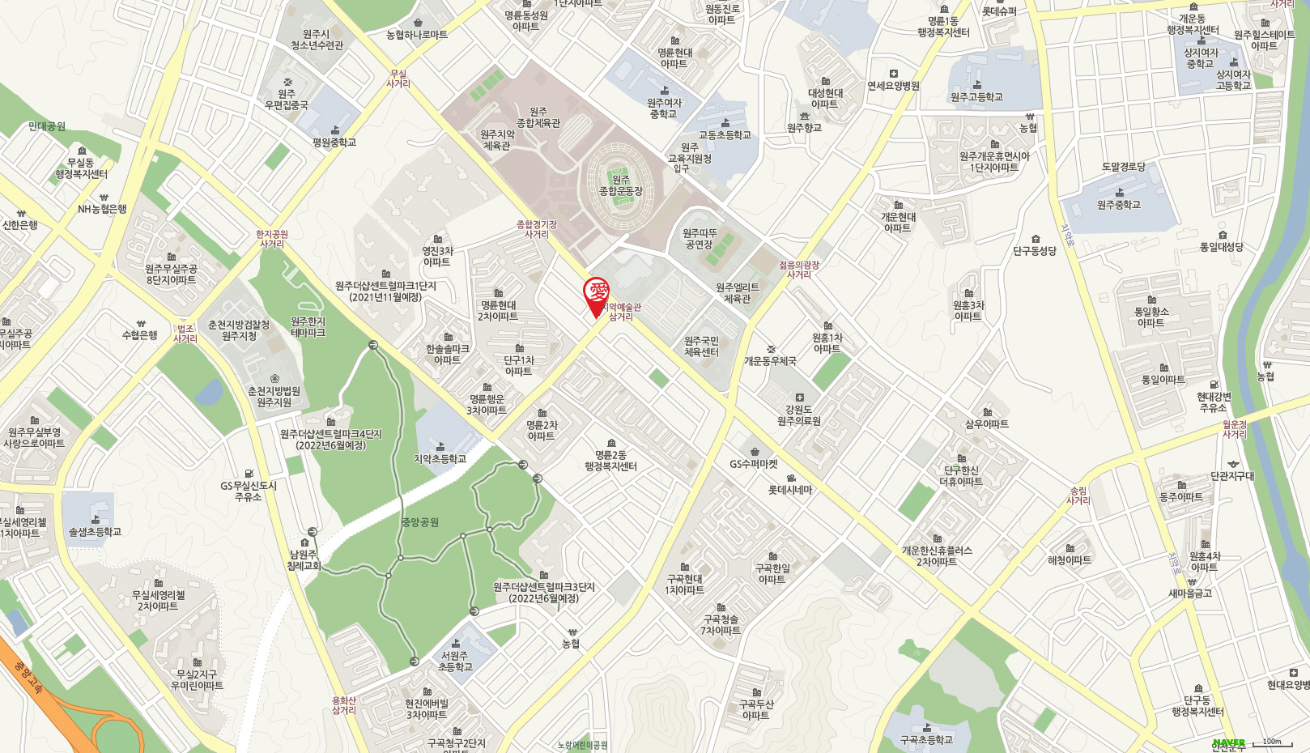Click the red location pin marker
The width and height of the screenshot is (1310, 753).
(x=597, y=295)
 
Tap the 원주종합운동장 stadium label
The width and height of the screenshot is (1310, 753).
(x=621, y=185)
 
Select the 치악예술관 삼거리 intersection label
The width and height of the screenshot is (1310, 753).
(x=621, y=312)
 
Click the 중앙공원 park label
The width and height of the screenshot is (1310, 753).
(x=420, y=522)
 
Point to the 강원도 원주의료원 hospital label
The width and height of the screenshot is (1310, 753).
(x=799, y=415)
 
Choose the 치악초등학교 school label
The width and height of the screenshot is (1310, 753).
(x=440, y=458)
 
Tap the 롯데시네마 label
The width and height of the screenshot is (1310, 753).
(x=790, y=489)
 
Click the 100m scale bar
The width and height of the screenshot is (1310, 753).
(x=1271, y=742)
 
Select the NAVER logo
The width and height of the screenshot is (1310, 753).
(x=1228, y=742)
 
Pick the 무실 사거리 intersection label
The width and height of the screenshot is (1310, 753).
(x=398, y=79)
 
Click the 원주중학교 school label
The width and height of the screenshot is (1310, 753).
(x=1119, y=205)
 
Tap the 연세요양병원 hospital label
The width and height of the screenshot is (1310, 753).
(x=893, y=85)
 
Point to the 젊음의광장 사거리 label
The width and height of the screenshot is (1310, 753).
(x=799, y=270)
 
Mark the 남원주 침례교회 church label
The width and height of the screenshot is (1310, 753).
(x=304, y=560)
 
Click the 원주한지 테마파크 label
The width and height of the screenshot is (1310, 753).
(x=308, y=327)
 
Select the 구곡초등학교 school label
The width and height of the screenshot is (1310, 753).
(x=926, y=739)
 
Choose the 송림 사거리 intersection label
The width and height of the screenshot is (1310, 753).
(x=1078, y=496)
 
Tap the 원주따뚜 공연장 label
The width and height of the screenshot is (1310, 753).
(x=700, y=239)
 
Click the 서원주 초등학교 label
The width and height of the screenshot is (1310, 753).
(x=455, y=662)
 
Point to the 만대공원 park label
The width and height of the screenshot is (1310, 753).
(x=47, y=126)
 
